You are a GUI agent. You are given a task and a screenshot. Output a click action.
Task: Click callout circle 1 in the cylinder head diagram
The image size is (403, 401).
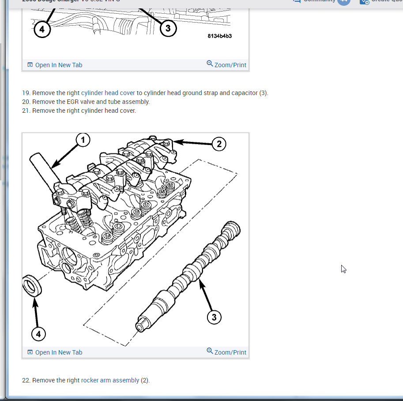click(83, 140)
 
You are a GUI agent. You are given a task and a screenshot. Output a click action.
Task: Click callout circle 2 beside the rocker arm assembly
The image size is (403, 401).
click(219, 144)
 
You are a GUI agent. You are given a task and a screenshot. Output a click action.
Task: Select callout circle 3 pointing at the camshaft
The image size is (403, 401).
click(214, 317)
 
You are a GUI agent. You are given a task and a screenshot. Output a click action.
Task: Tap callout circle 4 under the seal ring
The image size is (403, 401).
click(38, 334)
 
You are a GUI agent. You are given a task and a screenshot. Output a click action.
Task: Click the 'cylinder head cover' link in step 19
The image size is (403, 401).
click(108, 93)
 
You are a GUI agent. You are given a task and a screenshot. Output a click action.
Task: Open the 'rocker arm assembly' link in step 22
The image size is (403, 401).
click(110, 380)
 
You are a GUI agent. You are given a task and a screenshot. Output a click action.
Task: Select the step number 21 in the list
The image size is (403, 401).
click(26, 111)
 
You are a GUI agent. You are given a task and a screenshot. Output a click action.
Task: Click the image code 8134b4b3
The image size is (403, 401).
click(219, 36)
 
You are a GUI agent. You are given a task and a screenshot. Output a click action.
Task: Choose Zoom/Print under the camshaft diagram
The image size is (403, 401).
click(226, 352)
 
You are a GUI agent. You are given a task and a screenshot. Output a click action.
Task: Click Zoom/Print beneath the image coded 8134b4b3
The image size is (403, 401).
click(226, 65)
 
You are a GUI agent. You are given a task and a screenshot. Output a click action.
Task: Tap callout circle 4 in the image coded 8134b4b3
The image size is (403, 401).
click(42, 29)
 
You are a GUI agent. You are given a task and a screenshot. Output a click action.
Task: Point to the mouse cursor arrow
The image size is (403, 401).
click(343, 269)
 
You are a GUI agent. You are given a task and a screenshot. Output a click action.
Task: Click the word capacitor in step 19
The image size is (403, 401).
click(244, 93)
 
